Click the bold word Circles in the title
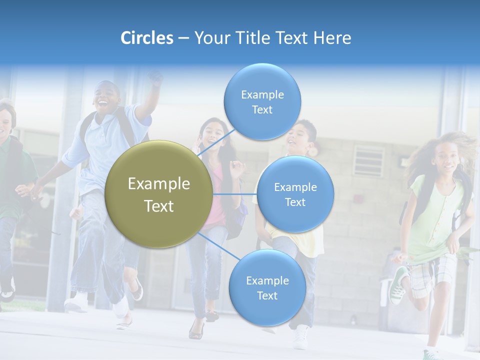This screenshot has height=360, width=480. [x=147, y=38]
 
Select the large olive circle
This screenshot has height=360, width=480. [x=158, y=194]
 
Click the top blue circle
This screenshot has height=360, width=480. [x=262, y=102]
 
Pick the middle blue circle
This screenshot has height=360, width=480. [x=295, y=194]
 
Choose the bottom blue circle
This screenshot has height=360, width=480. [x=267, y=288]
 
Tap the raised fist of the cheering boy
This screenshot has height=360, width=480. [x=156, y=77]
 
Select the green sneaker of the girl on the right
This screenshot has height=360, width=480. [x=399, y=285]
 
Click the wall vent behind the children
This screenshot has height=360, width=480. [x=368, y=161]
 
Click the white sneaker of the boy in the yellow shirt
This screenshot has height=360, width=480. [x=301, y=337]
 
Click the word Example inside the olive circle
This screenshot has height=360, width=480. [x=158, y=184]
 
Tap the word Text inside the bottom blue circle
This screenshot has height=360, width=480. [x=267, y=295]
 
